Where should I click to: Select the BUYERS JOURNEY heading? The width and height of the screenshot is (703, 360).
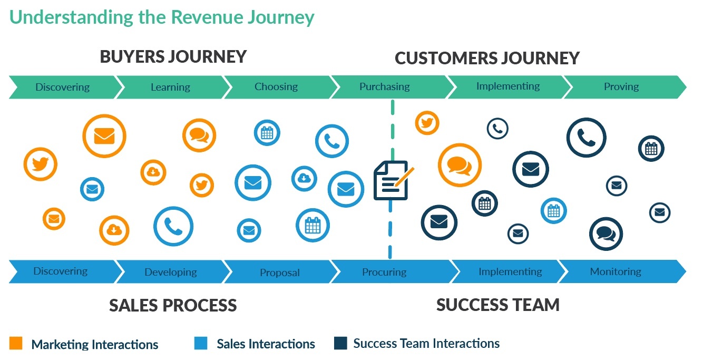click(173, 56)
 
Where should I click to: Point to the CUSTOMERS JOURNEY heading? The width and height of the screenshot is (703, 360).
click(487, 58)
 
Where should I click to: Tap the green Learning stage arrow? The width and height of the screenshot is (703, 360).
click(170, 87)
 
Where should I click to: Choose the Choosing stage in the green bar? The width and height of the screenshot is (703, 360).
click(276, 86)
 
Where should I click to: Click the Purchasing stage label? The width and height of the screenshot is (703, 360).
click(385, 86)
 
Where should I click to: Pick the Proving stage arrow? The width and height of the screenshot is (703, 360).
click(621, 86)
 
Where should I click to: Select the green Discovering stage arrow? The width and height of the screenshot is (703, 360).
click(62, 87)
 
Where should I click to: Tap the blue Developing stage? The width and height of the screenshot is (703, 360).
click(171, 272)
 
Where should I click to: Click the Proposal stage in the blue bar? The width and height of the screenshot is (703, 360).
click(280, 273)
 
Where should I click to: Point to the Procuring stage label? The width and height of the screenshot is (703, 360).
click(384, 272)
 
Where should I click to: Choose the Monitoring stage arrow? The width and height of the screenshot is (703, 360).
click(616, 271)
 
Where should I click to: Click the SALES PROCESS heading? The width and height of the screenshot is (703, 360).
click(173, 305)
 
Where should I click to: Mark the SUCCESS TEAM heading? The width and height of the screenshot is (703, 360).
click(497, 305)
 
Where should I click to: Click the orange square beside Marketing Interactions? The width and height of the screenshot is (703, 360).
click(16, 344)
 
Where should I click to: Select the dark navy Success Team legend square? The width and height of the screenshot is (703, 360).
click(340, 343)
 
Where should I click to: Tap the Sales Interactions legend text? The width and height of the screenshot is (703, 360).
click(266, 344)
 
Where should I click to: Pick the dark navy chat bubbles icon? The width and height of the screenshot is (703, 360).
click(606, 233)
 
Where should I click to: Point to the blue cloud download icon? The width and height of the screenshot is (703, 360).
click(304, 179)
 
